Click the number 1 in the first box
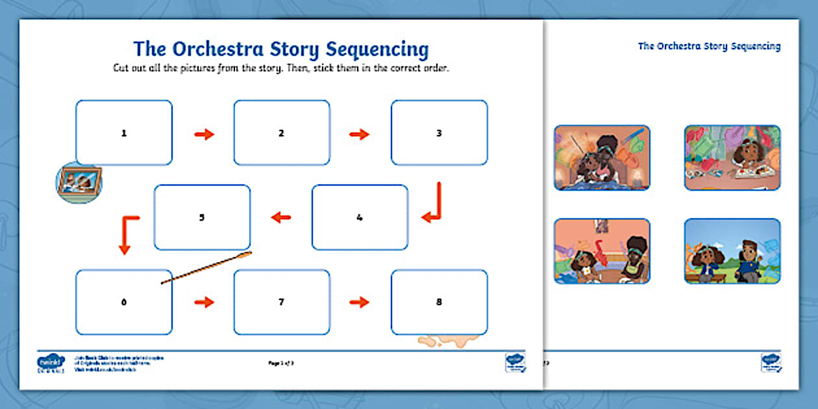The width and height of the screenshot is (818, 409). [x=124, y=133]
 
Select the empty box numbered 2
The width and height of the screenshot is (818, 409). [x=282, y=132]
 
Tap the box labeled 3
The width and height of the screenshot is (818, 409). [x=439, y=132]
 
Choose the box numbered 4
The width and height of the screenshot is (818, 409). [x=360, y=217]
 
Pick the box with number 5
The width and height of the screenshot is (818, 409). [x=202, y=217]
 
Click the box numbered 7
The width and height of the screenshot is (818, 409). [x=282, y=302]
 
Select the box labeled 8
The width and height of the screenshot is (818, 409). [x=439, y=302]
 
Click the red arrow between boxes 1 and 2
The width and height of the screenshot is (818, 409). [x=204, y=134]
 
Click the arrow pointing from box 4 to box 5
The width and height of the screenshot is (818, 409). [x=281, y=217]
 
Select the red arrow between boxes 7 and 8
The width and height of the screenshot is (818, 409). [x=359, y=302]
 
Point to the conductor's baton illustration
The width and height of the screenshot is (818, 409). [x=206, y=269]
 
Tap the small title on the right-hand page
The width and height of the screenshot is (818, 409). [x=709, y=46]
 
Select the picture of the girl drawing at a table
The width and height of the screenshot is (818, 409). [x=732, y=158]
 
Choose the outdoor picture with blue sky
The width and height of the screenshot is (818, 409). [x=732, y=251]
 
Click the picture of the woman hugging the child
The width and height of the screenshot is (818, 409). [x=602, y=158]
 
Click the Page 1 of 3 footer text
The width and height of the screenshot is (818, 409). [x=282, y=362]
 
